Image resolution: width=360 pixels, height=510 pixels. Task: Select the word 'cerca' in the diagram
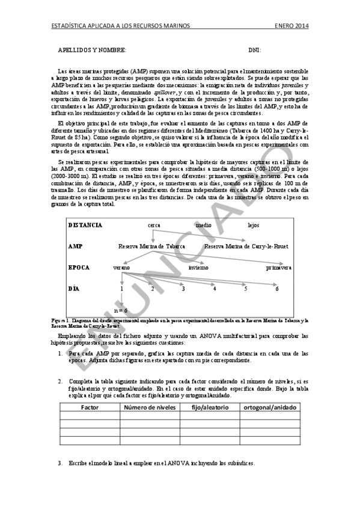point(154,225)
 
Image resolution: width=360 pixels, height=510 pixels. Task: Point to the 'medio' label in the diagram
point(204,225)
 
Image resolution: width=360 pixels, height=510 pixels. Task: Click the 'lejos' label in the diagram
point(253,225)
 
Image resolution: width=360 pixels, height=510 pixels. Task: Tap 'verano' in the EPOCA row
point(121,266)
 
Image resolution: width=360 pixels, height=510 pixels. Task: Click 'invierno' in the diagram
point(198,266)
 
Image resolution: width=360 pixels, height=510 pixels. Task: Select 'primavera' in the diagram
point(279,266)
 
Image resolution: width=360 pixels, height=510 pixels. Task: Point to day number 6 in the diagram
point(277,289)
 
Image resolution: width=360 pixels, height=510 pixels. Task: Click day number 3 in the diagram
point(183,289)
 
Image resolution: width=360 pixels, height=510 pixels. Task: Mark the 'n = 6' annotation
point(121,310)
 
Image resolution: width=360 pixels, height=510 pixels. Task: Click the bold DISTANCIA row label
point(85,225)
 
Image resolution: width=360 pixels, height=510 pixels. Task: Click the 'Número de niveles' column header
point(150,407)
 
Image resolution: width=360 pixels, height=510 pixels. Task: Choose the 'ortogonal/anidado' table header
point(269,407)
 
